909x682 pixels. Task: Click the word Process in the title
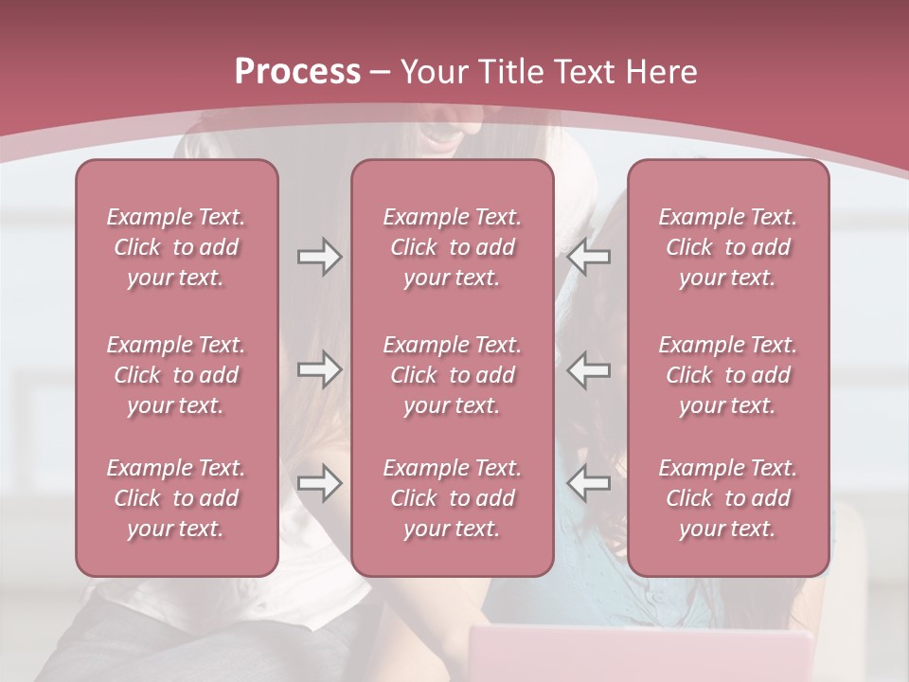[297, 71]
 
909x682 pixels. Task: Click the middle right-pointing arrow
[319, 369]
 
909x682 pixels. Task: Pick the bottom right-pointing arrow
[319, 483]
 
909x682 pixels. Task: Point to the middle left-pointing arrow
[589, 369]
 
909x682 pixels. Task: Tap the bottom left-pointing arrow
[589, 483]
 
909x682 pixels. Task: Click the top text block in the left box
[176, 247]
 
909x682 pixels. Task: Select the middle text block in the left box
[176, 375]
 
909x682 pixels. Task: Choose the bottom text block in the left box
[176, 498]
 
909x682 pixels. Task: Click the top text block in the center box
[452, 247]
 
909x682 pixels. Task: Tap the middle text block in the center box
[452, 375]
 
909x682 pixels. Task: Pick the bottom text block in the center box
[452, 498]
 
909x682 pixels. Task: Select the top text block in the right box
[727, 247]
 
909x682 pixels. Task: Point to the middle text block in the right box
[727, 375]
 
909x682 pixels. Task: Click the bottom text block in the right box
[727, 498]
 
